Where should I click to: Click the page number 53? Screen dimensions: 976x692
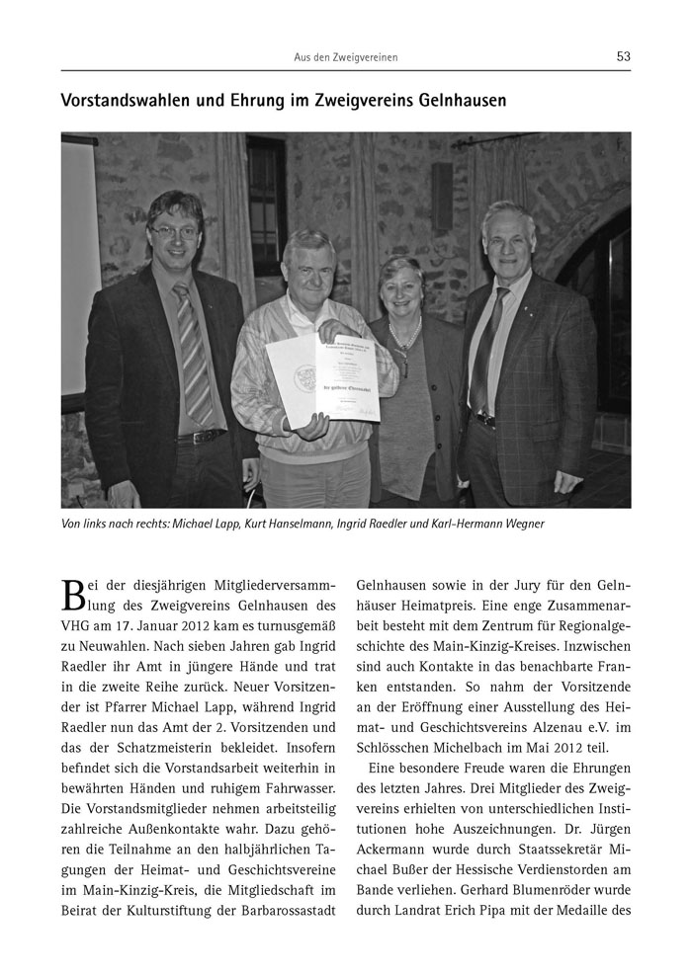click(623, 56)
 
